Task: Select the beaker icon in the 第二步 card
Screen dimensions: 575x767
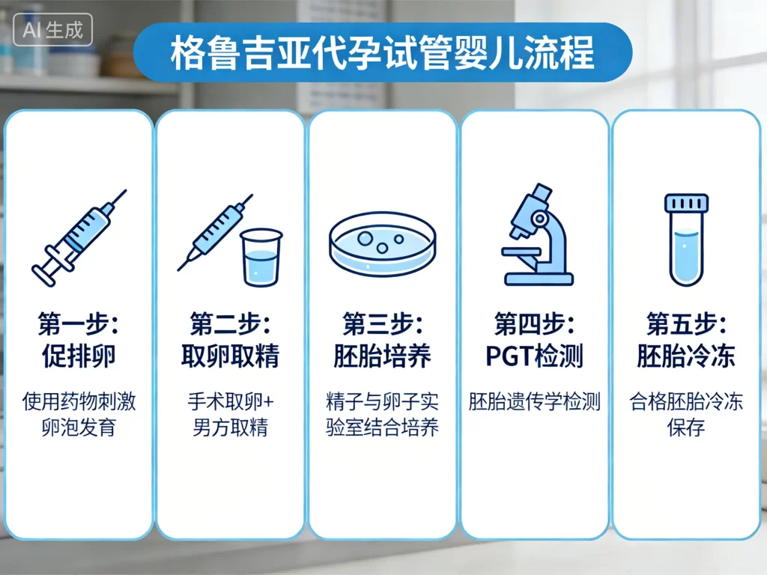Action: click(x=261, y=256)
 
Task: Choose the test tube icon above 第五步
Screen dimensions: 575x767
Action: click(x=685, y=239)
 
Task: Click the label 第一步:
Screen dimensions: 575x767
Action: click(x=79, y=324)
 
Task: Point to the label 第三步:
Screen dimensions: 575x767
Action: click(x=382, y=324)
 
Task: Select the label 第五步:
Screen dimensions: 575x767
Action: click(x=685, y=324)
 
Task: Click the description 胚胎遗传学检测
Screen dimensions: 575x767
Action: click(x=534, y=402)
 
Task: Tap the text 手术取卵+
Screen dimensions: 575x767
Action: click(x=231, y=402)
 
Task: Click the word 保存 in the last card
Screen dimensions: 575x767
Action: click(x=685, y=429)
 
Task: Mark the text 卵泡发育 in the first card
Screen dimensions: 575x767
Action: click(x=79, y=429)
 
